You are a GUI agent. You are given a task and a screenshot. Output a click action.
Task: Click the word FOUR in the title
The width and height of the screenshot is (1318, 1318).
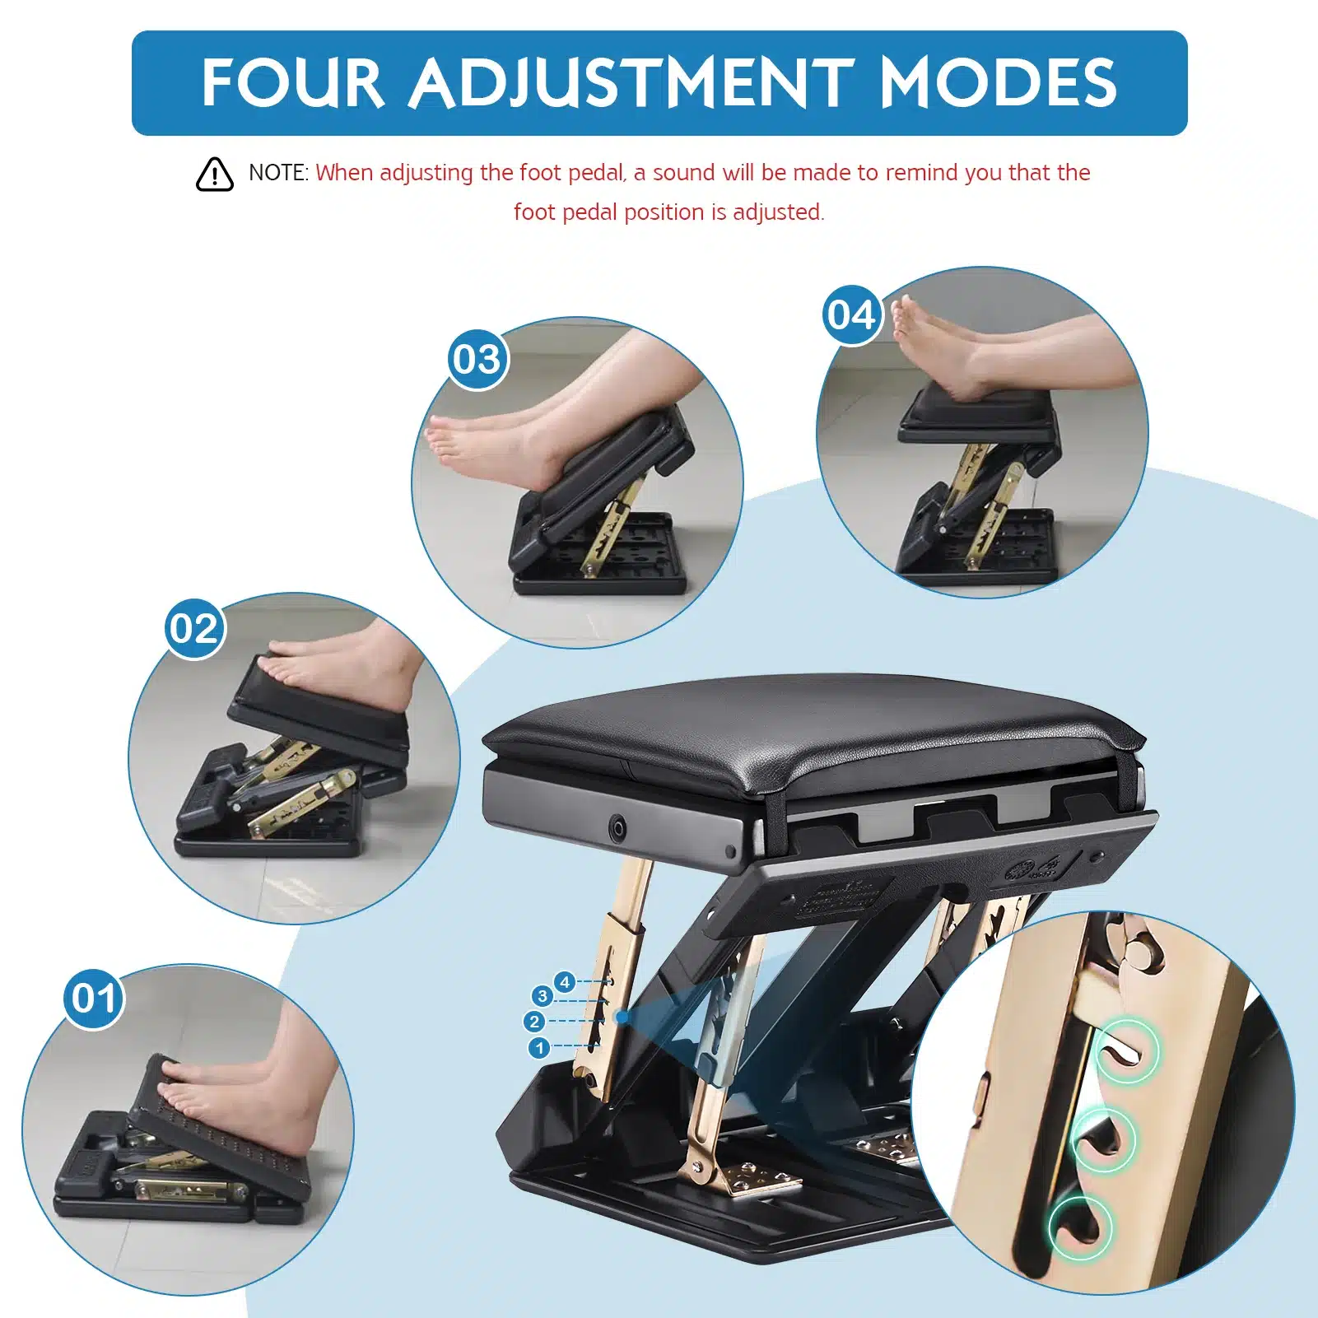(x=292, y=83)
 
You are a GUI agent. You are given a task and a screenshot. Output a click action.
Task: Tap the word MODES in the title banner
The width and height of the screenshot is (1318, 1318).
(x=998, y=83)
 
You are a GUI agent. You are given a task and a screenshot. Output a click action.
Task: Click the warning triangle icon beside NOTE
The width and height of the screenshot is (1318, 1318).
(x=215, y=174)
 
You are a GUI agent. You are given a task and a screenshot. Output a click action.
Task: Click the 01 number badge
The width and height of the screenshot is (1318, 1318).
(x=94, y=999)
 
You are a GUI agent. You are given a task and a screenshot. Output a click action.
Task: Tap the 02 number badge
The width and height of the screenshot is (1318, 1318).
(x=195, y=629)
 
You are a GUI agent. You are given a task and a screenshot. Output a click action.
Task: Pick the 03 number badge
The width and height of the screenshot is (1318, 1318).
(x=478, y=360)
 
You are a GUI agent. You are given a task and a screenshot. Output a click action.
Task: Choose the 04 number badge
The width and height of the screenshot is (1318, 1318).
(x=852, y=315)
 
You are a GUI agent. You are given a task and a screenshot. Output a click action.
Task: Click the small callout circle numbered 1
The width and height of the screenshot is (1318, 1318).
(x=539, y=1048)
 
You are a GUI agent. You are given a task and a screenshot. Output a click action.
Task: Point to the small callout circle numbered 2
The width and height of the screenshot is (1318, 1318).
(x=533, y=1022)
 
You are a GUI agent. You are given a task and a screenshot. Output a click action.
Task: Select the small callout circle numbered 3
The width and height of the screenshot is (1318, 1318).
(x=542, y=996)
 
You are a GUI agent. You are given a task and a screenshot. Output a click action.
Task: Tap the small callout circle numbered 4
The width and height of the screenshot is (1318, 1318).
(x=564, y=981)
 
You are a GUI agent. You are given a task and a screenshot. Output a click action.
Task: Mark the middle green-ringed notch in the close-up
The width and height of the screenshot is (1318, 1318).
(x=1104, y=1139)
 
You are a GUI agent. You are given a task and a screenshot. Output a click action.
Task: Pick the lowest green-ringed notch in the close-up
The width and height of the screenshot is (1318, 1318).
(x=1080, y=1227)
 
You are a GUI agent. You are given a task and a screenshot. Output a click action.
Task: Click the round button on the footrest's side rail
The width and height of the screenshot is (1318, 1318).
(x=616, y=827)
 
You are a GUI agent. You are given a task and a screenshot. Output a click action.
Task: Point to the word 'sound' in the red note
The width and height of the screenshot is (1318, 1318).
(x=683, y=173)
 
